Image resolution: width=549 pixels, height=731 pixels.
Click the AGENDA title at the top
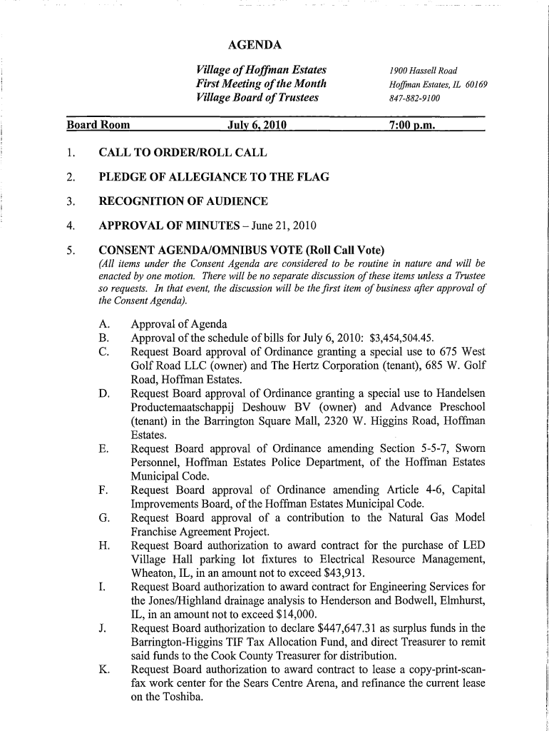coord(255,46)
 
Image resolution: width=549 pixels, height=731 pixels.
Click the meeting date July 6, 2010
coord(256,126)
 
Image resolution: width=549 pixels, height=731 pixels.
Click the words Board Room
coord(98,126)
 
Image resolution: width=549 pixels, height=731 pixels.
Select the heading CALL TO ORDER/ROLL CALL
coord(183,153)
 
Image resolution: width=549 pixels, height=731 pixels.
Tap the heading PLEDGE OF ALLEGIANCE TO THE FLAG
coord(214,177)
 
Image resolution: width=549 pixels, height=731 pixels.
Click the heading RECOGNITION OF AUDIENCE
coord(183,202)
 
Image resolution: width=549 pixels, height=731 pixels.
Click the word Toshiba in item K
coord(183,697)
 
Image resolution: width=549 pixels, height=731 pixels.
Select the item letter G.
coord(104,518)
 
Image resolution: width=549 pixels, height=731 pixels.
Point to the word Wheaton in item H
coord(153,573)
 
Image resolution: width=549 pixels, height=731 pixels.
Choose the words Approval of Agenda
coord(179,324)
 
